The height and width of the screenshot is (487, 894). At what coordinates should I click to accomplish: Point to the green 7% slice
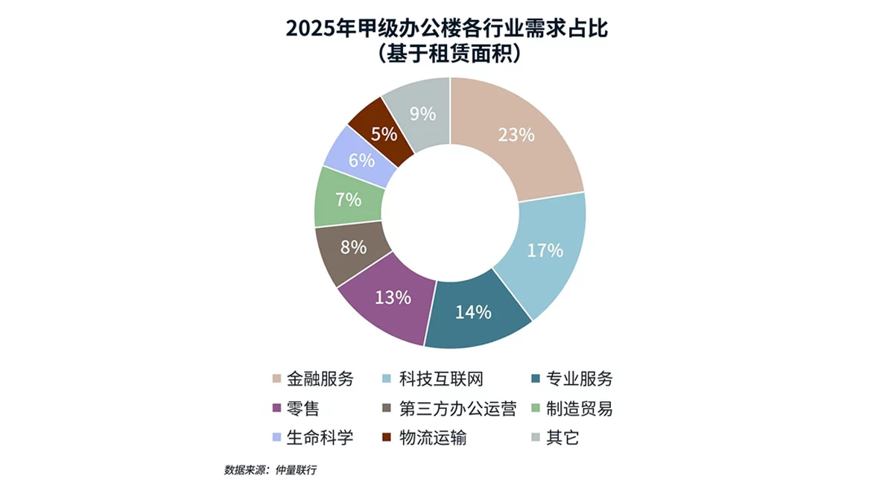[347, 200]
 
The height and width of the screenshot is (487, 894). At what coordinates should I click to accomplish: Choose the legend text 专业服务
[580, 379]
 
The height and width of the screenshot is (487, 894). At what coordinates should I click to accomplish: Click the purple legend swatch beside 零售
[278, 408]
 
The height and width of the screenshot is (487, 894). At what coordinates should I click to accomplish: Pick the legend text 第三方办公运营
[457, 408]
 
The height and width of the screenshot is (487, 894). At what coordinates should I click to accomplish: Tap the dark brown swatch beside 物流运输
[387, 437]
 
